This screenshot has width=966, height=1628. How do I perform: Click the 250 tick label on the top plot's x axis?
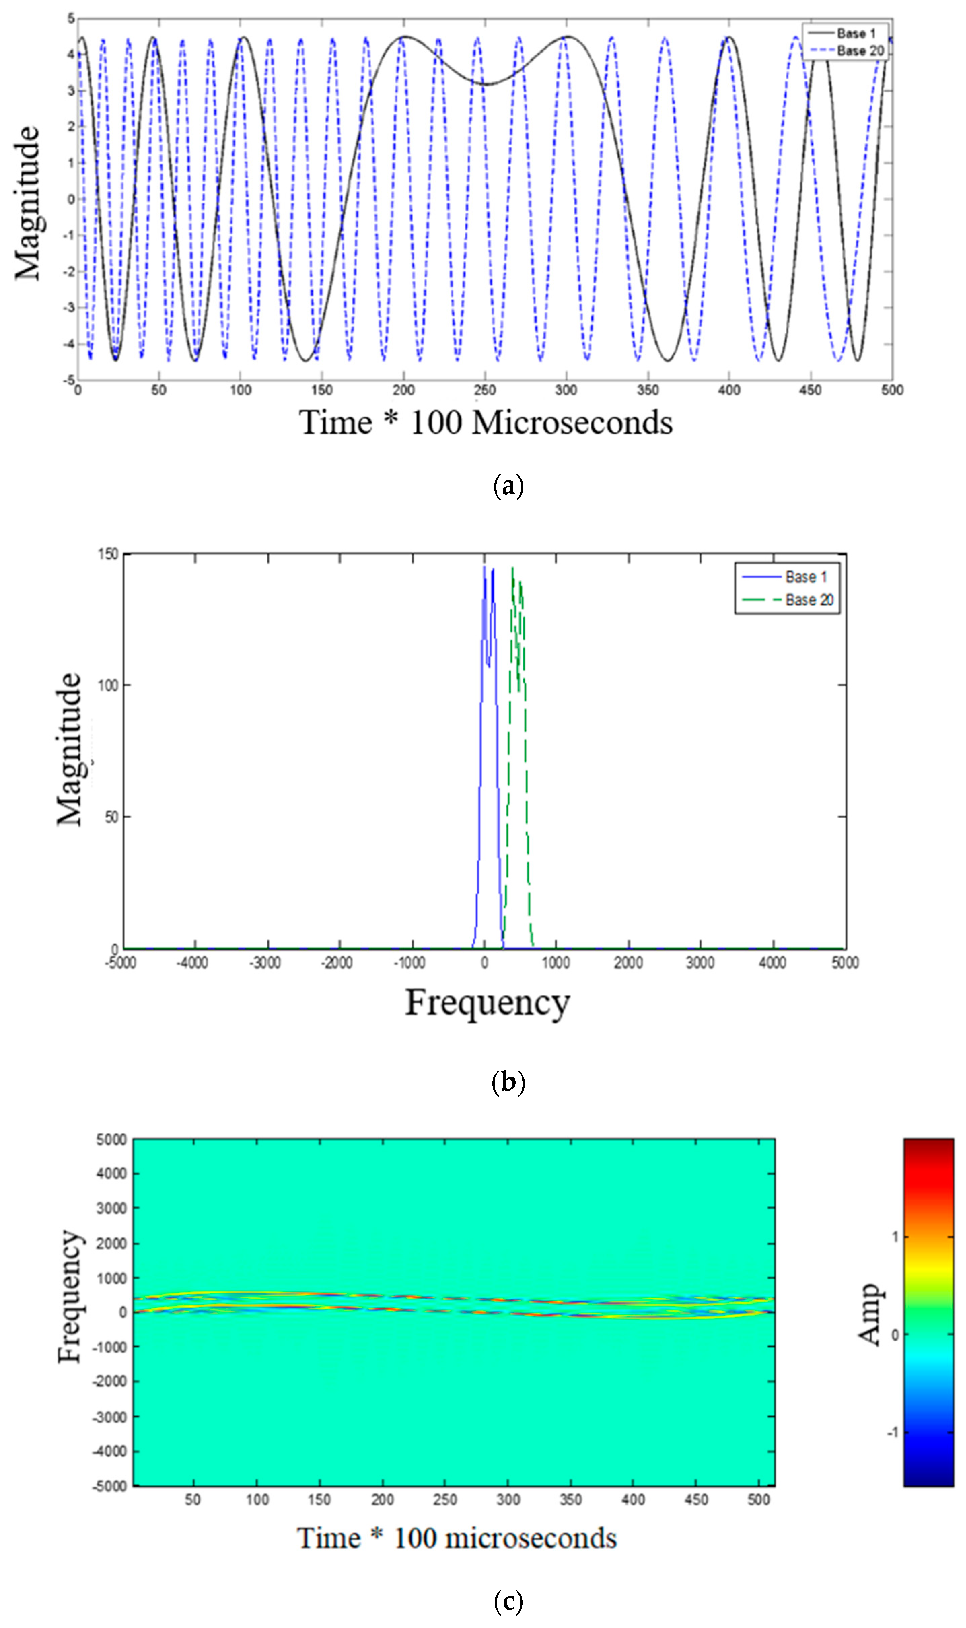[484, 390]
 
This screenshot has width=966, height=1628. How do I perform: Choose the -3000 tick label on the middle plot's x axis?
[265, 962]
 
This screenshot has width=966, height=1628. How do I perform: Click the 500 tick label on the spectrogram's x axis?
[758, 1500]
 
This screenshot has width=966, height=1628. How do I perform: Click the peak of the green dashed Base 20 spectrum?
[513, 568]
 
